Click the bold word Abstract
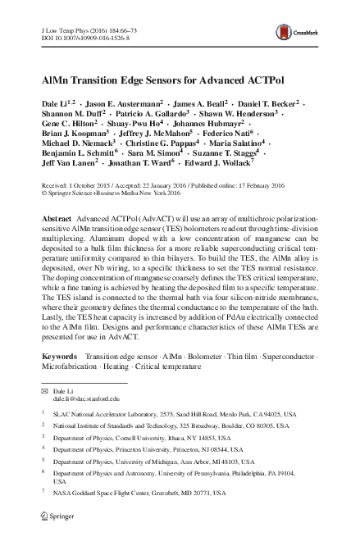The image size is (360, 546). [x=56, y=223]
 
